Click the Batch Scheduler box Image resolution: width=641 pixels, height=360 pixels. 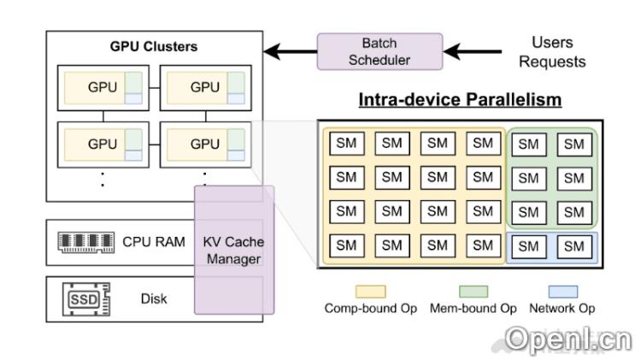pyautogui.click(x=379, y=51)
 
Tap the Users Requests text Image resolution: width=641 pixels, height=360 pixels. pyautogui.click(x=552, y=51)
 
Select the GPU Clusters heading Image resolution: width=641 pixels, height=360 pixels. pyautogui.click(x=154, y=45)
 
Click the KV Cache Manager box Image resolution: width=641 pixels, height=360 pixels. pyautogui.click(x=233, y=250)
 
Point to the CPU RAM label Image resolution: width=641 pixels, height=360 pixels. pyautogui.click(x=154, y=242)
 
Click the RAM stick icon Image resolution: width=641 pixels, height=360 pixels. pyautogui.click(x=85, y=242)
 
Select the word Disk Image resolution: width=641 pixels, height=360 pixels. pyautogui.click(x=154, y=299)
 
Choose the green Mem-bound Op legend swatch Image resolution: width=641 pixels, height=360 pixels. pyautogui.click(x=473, y=292)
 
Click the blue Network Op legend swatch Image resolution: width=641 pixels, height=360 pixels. pyautogui.click(x=562, y=292)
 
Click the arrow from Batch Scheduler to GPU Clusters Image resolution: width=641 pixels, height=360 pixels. pyautogui.click(x=291, y=51)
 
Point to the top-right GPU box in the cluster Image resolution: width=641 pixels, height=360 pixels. pyautogui.click(x=205, y=87)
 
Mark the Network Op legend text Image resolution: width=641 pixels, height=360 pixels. pyautogui.click(x=562, y=308)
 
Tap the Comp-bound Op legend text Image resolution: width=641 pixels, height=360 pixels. pyautogui.click(x=371, y=308)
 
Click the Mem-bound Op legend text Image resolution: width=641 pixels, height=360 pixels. pyautogui.click(x=473, y=308)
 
